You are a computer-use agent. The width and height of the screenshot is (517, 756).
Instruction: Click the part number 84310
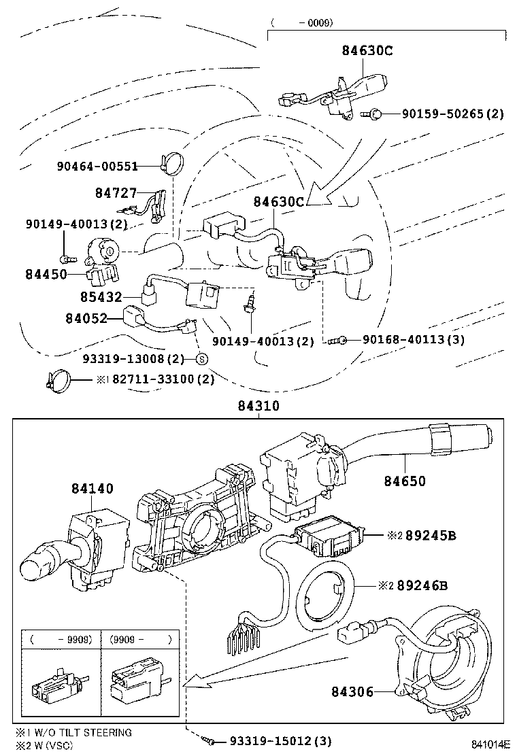pyautogui.click(x=258, y=406)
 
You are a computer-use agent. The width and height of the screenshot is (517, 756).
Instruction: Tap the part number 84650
pyautogui.click(x=404, y=481)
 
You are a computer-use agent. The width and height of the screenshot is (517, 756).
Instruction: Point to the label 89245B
pyautogui.click(x=431, y=535)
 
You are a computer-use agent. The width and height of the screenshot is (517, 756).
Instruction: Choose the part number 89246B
pyautogui.click(x=431, y=585)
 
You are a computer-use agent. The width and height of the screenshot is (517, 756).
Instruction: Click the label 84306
pyautogui.click(x=352, y=691)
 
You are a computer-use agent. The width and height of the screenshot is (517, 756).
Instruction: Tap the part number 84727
pyautogui.click(x=116, y=193)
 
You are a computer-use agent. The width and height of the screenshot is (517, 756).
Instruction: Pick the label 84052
pyautogui.click(x=86, y=317)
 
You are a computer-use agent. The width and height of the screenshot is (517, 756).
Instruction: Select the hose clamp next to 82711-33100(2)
pyautogui.click(x=60, y=378)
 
